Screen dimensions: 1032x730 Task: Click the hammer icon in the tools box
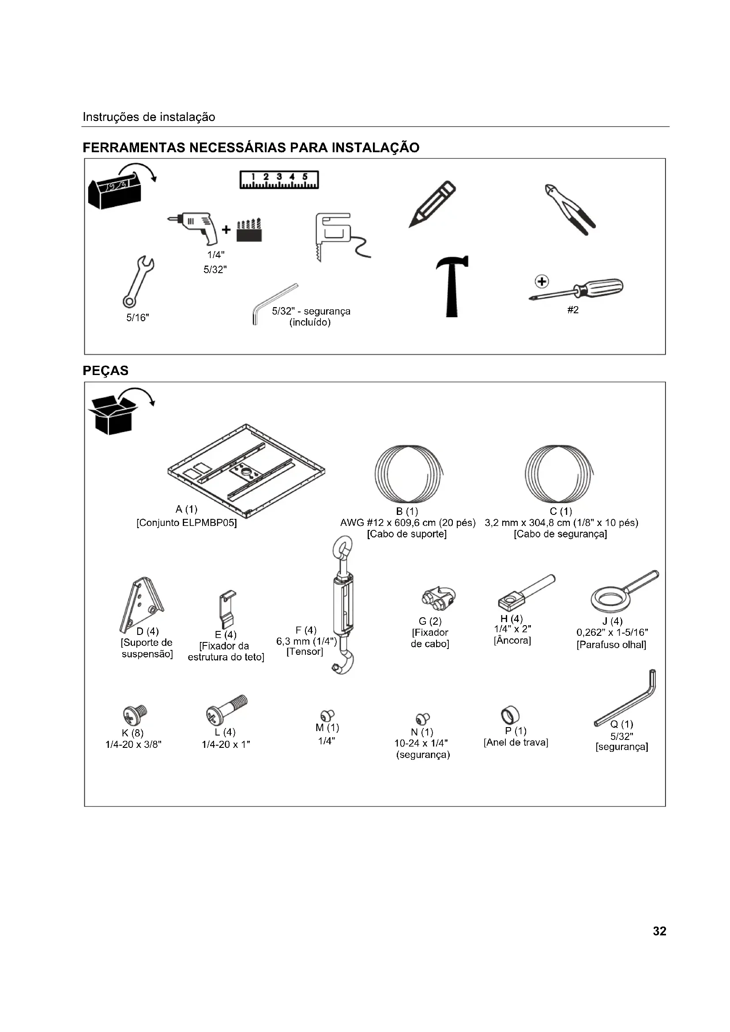point(452,286)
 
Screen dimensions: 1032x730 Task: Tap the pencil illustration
point(432,204)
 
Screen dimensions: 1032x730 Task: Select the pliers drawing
point(569,210)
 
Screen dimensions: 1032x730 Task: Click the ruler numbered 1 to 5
point(279,180)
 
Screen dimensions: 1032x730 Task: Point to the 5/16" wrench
point(139,282)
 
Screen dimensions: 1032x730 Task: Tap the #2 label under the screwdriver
point(573,310)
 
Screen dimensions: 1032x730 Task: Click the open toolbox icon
point(115,189)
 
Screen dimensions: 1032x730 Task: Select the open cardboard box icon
point(113,414)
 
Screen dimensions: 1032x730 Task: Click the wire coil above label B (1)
point(409,473)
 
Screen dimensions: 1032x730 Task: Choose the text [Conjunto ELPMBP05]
point(187,523)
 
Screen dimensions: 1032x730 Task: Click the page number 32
point(659,931)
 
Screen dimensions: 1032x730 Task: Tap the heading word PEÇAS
point(105,371)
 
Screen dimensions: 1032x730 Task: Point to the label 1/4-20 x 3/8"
point(133,745)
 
